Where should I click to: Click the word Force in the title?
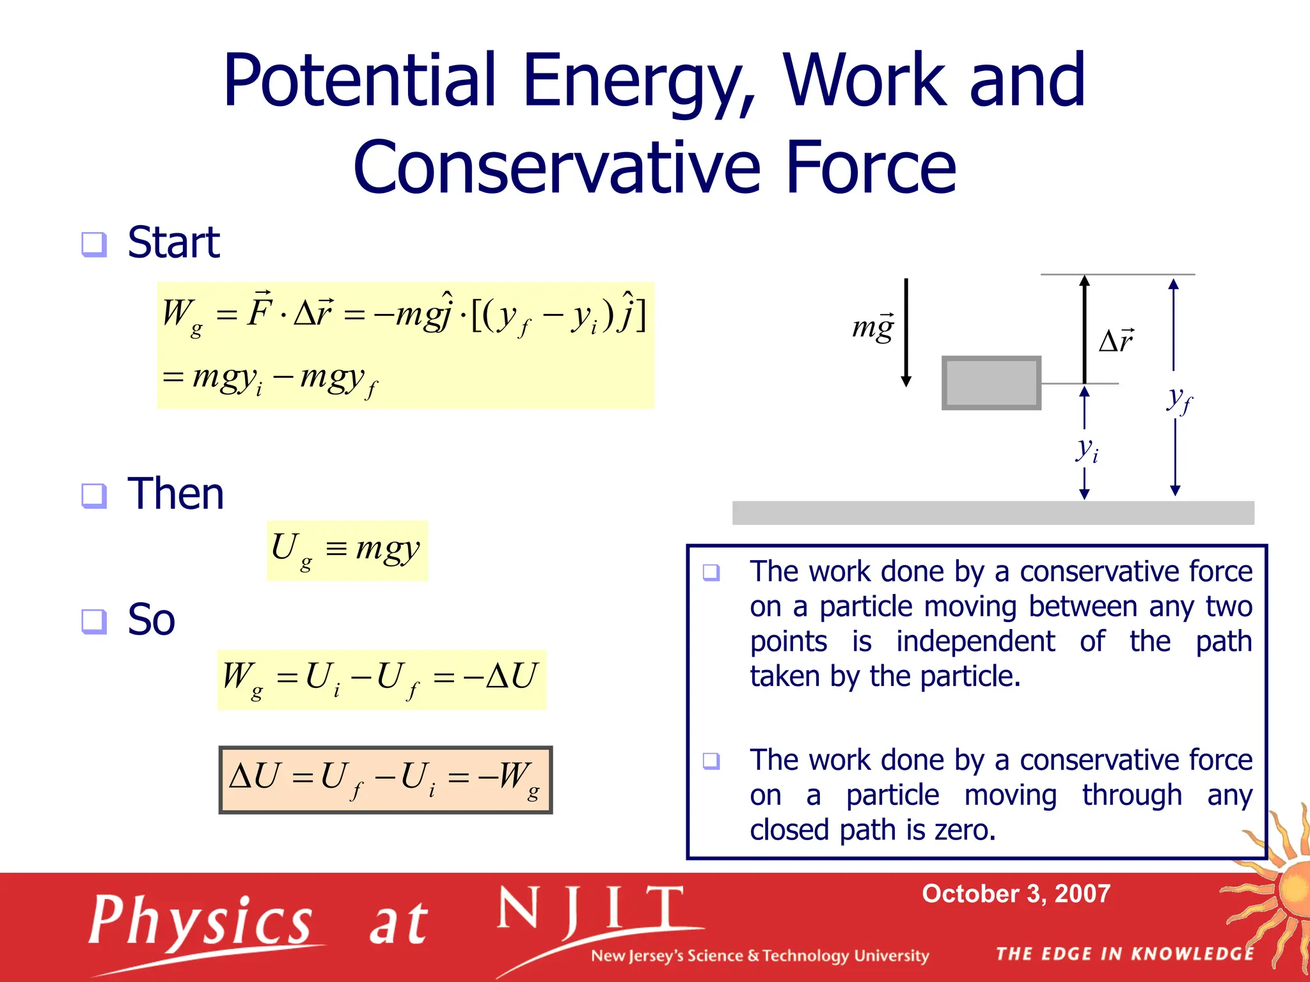[871, 168]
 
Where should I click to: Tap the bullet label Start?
[173, 242]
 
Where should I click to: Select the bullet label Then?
[176, 494]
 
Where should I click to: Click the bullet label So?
[151, 620]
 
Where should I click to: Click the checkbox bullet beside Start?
[94, 244]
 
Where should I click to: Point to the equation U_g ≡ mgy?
[346, 550]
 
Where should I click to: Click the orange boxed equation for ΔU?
[385, 779]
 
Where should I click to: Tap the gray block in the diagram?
[991, 383]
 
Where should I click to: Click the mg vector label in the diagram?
[872, 327]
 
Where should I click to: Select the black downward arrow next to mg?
[906, 332]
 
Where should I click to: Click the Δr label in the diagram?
[1116, 340]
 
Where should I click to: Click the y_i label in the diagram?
[1087, 449]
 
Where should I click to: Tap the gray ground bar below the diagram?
[993, 513]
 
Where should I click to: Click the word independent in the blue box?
[975, 641]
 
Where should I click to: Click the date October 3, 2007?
[1016, 894]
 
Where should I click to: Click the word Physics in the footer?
[200, 921]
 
